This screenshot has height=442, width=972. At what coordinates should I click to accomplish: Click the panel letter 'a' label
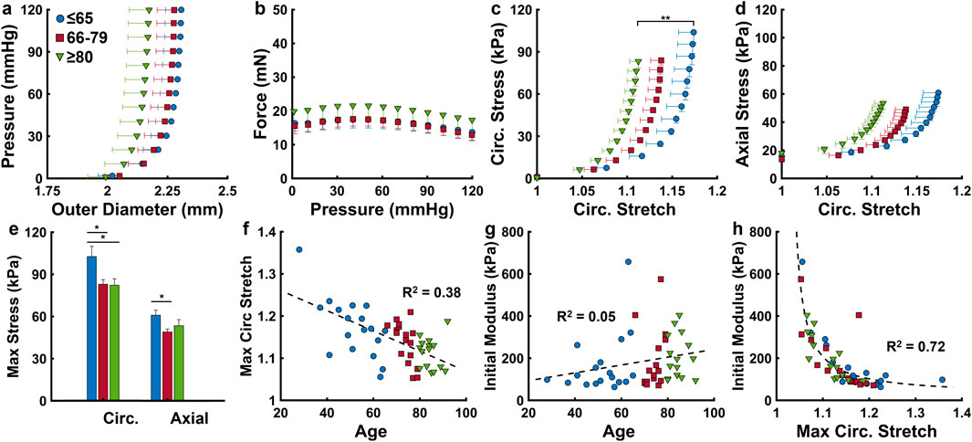click(7, 9)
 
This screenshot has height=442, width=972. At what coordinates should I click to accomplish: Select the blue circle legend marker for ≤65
click(60, 18)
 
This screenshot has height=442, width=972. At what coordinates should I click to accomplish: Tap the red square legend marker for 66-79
click(60, 37)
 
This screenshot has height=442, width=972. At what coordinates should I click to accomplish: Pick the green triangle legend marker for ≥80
click(60, 57)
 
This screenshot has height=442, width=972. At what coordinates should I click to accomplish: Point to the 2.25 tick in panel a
click(168, 192)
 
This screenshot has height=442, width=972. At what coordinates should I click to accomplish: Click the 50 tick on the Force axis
click(279, 11)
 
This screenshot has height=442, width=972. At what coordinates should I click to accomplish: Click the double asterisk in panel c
click(664, 16)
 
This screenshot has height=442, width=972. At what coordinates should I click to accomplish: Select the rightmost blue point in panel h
click(942, 379)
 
